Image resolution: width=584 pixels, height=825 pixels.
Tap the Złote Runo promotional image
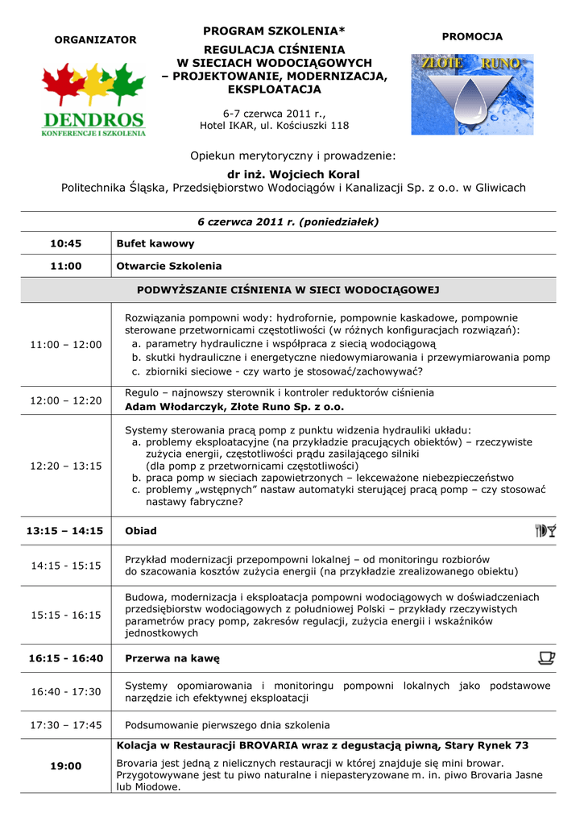pos(466,94)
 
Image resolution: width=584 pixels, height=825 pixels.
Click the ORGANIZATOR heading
pos(94,40)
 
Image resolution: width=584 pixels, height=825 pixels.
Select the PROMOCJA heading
pos(472,37)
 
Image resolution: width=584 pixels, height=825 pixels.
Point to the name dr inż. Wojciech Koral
pos(293,174)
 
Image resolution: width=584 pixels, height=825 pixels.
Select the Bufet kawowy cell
pos(155,243)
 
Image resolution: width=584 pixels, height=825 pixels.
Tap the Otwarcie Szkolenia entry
pos(169,266)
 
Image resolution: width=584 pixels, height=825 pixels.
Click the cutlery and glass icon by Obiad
pos(545,530)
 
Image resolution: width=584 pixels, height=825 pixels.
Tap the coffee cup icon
pos(546,658)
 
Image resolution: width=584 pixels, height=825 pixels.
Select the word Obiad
pos(141,531)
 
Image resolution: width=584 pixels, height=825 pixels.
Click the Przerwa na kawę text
pos(172,658)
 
